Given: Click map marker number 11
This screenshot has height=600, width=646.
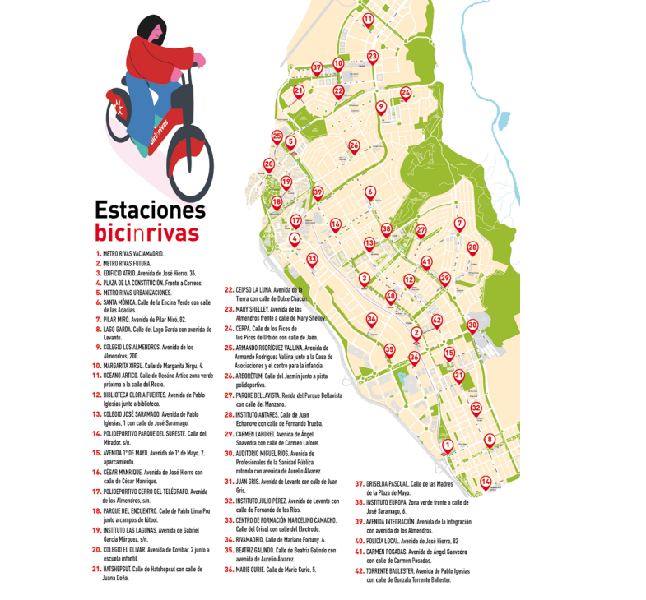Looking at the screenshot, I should pos(368,19).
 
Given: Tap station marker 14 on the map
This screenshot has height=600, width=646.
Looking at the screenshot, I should pos(486,482).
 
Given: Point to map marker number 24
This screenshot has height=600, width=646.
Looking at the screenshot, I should pos(406,94).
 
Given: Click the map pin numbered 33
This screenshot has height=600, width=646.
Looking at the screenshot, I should pos(312,260).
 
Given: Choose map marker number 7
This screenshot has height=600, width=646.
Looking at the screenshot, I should pos(459,224).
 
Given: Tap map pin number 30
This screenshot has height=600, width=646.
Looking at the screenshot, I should pos(472,325).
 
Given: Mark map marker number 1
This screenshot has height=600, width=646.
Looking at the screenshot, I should pos(448,446).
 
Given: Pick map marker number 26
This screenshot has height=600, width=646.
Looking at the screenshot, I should pos(354,146).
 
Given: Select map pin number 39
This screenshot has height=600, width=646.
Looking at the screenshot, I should pos(318,193).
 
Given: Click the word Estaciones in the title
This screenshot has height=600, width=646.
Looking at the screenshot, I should pos(150,210).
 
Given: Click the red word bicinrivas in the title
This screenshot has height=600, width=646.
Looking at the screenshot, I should pos(146,233).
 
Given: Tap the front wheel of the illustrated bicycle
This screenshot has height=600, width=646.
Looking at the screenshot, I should pos(189,165).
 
